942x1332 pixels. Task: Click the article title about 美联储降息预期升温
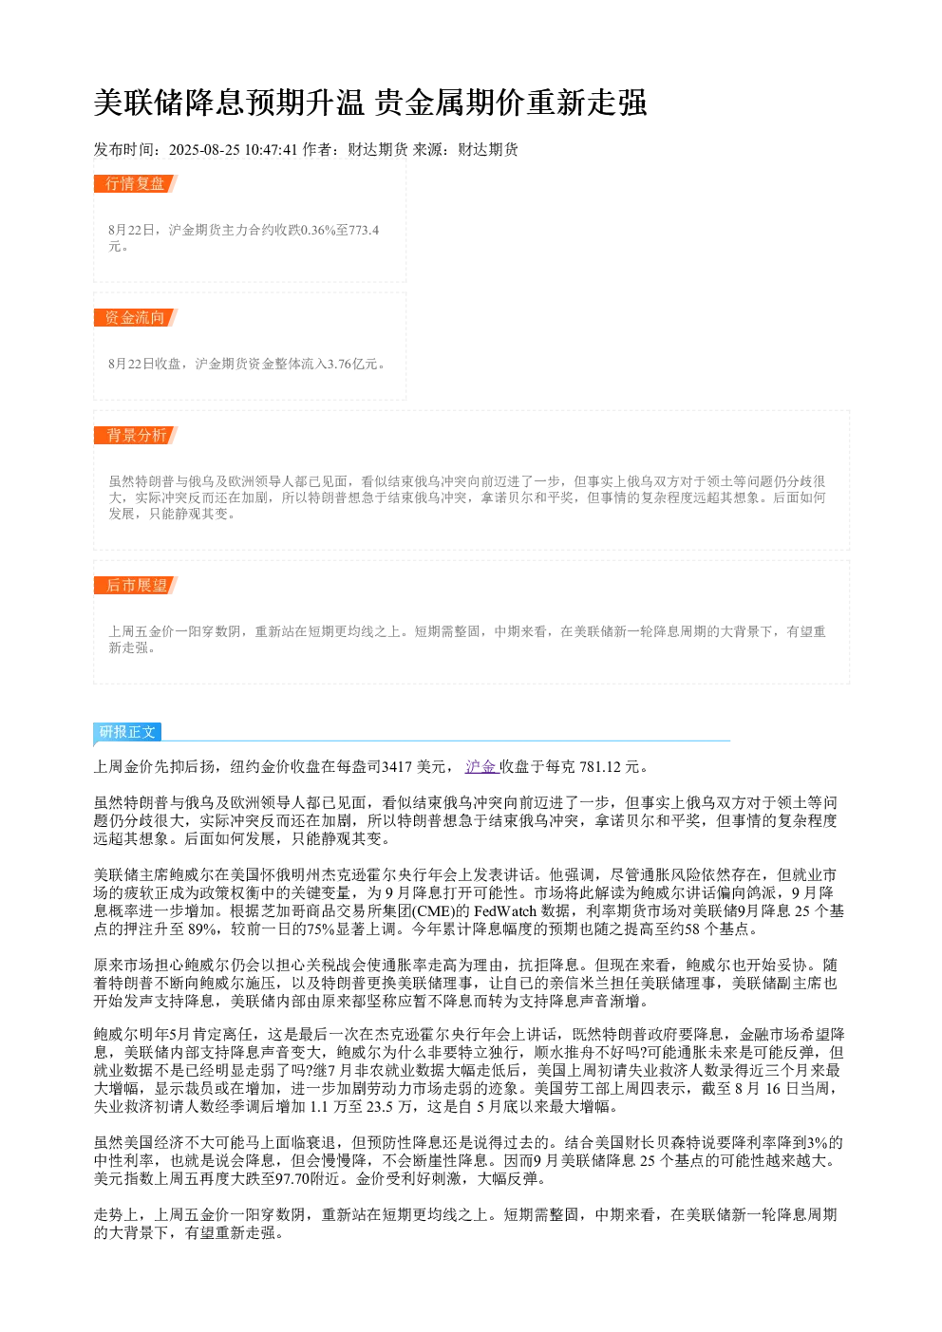click(370, 103)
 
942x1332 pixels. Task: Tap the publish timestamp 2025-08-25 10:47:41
click(233, 149)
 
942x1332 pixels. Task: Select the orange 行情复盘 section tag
click(135, 184)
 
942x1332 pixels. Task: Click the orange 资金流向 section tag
click(135, 317)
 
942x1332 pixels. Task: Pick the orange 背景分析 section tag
click(135, 435)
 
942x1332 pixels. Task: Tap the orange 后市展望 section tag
click(135, 585)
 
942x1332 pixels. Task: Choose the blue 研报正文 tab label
click(127, 731)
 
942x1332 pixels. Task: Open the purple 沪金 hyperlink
click(480, 766)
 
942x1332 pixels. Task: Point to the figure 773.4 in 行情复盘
click(364, 230)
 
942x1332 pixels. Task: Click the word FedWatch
click(505, 911)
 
